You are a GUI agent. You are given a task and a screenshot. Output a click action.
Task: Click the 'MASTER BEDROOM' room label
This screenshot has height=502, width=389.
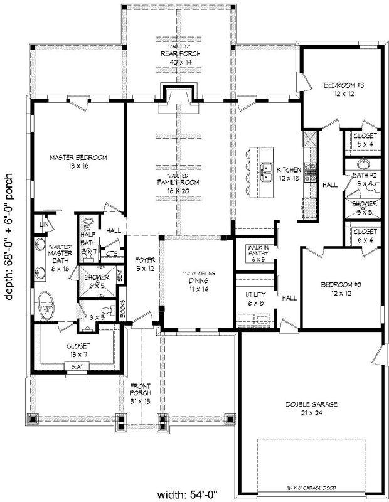pos(78,158)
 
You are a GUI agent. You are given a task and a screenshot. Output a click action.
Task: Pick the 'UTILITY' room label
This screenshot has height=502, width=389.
pos(255,294)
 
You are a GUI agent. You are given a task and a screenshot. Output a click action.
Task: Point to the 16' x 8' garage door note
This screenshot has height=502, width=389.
pos(311,487)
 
